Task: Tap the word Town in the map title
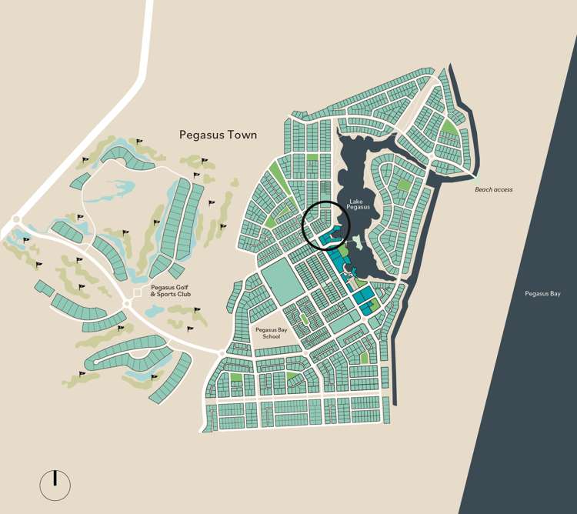point(240,135)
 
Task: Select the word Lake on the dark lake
point(355,201)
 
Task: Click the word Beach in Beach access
point(483,189)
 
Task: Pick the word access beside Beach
point(502,189)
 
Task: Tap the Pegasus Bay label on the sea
point(543,293)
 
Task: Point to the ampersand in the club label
point(154,295)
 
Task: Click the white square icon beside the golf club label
point(138,293)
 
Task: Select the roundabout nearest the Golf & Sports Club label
point(126,305)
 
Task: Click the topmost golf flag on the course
point(139,142)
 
